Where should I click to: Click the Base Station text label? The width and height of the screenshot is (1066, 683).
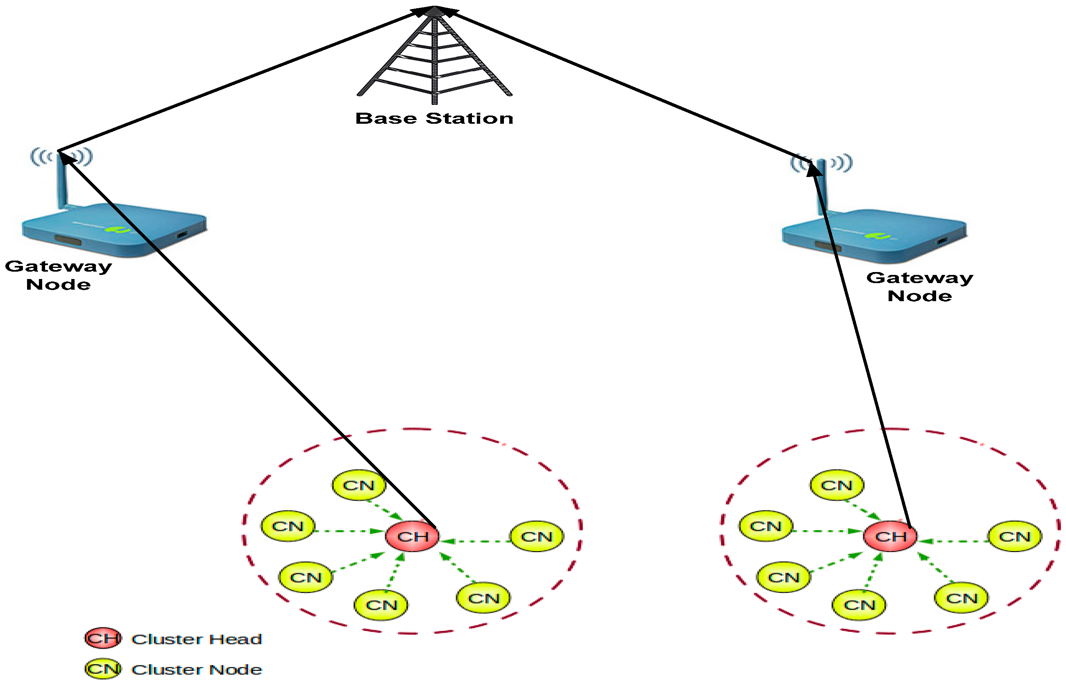pyautogui.click(x=434, y=118)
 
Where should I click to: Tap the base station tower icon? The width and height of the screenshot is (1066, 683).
pyautogui.click(x=435, y=58)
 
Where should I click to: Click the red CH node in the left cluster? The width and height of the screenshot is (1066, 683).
pyautogui.click(x=413, y=537)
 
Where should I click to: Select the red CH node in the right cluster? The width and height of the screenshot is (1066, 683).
pyautogui.click(x=890, y=537)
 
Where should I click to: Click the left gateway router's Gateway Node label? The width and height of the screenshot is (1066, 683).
pyautogui.click(x=58, y=275)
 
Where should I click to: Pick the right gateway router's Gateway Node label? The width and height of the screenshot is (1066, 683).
pyautogui.click(x=920, y=286)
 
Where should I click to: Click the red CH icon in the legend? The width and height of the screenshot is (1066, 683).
pyautogui.click(x=103, y=638)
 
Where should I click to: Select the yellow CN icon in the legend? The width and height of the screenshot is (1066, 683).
pyautogui.click(x=103, y=669)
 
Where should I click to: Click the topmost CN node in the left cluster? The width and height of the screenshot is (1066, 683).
pyautogui.click(x=359, y=485)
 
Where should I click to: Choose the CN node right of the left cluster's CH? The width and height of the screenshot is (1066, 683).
pyautogui.click(x=537, y=537)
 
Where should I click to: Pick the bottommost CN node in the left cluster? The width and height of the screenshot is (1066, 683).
pyautogui.click(x=381, y=605)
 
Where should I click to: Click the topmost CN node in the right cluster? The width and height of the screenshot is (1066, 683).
pyautogui.click(x=837, y=485)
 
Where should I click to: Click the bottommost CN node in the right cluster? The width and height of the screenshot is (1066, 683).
pyautogui.click(x=859, y=605)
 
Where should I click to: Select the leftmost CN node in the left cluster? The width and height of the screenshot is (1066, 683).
pyautogui.click(x=288, y=526)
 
